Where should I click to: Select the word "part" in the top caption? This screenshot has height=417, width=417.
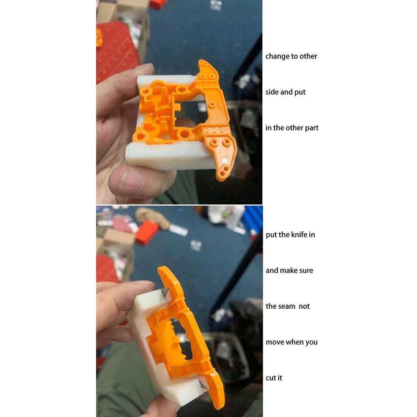pos(312,128)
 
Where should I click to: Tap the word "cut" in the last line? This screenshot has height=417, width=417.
pos(271,378)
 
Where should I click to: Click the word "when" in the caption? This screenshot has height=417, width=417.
pos(295,342)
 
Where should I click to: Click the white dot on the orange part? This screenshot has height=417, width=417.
pos(225,160)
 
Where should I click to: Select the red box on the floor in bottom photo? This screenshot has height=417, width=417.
pos(147,233)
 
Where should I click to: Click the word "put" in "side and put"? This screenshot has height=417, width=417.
pos(300,92)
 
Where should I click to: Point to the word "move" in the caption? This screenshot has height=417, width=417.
pos(274,342)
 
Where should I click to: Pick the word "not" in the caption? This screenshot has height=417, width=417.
pos(304,306)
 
